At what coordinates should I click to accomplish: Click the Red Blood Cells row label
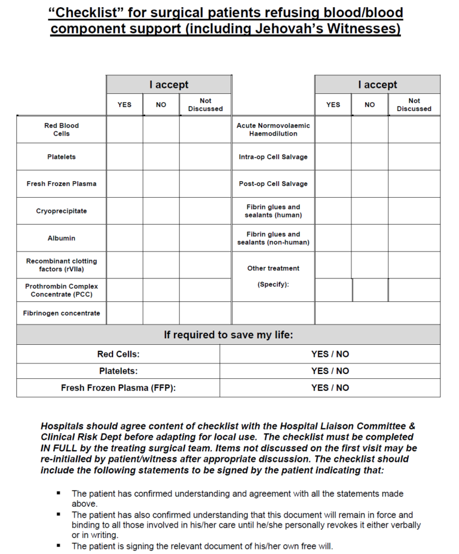(62, 130)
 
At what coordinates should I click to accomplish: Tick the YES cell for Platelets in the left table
(124, 157)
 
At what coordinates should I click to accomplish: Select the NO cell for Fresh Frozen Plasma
(161, 184)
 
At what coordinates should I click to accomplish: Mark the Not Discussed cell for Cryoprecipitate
(205, 211)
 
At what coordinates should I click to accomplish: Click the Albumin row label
(62, 238)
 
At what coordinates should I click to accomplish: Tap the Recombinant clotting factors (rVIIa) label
(62, 265)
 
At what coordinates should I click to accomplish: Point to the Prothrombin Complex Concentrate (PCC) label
(62, 290)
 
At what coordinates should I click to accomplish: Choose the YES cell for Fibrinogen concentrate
(124, 313)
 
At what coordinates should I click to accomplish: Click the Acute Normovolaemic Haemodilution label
(273, 130)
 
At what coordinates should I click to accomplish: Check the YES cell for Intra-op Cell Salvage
(333, 157)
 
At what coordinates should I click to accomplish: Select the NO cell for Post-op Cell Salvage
(369, 184)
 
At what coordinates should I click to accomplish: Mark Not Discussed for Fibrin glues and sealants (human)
(414, 211)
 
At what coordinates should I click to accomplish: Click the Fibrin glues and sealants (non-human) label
(273, 238)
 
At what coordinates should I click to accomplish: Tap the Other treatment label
(273, 268)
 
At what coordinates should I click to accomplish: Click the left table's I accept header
(169, 85)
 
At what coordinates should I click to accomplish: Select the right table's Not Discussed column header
(414, 105)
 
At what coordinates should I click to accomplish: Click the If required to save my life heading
(228, 335)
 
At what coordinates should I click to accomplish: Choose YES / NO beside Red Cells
(330, 354)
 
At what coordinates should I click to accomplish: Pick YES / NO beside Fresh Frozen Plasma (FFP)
(330, 388)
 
